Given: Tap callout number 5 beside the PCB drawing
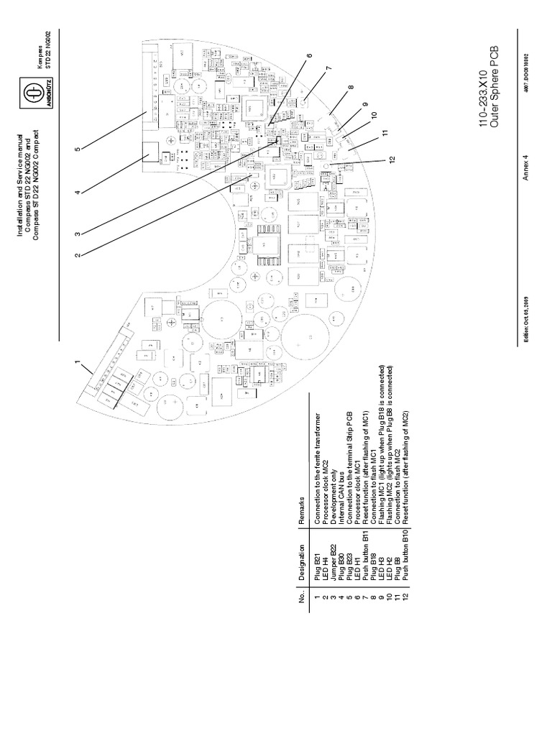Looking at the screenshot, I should pyautogui.click(x=78, y=149).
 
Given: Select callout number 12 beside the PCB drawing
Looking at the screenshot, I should pyautogui.click(x=393, y=160).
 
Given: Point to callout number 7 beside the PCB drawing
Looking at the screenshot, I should pyautogui.click(x=328, y=69).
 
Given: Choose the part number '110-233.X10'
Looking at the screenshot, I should pyautogui.click(x=487, y=96).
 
